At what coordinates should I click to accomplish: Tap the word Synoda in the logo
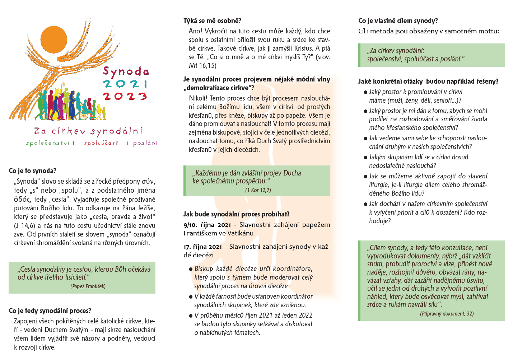point(126,71)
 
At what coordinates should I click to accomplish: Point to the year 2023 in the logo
point(125,96)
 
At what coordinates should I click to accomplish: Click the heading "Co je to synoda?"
point(33,171)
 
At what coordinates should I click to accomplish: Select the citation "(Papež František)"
point(88,286)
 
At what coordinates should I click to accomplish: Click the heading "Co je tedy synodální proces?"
point(50,311)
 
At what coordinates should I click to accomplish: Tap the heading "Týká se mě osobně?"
point(212,21)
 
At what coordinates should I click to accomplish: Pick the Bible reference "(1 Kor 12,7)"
point(258,190)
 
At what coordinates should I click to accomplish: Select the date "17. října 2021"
point(203,247)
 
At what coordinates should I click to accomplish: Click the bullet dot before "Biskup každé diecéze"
point(191,269)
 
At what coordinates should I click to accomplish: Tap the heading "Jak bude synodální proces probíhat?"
point(237,214)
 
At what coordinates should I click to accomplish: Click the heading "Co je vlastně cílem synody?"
point(398,21)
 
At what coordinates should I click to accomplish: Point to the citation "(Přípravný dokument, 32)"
point(447,314)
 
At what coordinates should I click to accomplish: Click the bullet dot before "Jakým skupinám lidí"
point(365,158)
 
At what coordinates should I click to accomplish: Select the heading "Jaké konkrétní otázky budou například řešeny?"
point(428,81)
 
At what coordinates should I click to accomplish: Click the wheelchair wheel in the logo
point(83,116)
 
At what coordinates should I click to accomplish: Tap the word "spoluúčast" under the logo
point(101,143)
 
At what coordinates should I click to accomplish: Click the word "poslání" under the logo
point(145,143)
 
